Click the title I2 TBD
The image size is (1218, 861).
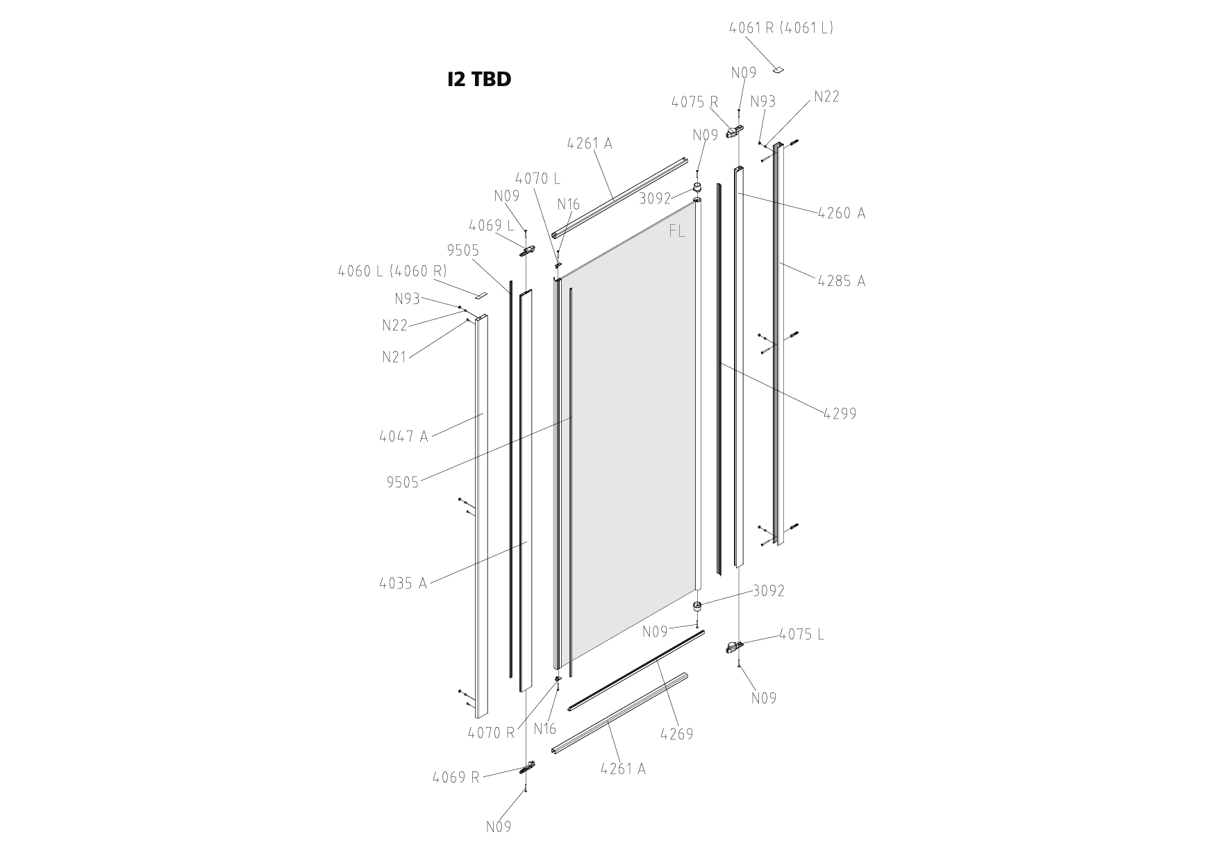[479, 79]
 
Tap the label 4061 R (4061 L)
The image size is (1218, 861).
[781, 28]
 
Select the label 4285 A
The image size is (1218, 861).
[841, 281]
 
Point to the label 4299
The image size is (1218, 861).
[840, 413]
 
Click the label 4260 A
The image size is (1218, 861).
[841, 212]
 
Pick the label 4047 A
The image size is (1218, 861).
[403, 436]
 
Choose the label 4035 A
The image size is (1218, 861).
[403, 583]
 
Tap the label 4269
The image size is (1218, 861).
[676, 733]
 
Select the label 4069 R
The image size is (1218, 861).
[456, 777]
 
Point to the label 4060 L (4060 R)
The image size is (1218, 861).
[392, 271]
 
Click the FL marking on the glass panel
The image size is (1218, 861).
[676, 231]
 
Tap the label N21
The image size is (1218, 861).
[394, 358]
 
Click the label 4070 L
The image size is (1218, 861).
[537, 178]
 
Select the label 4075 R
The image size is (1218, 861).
[694, 102]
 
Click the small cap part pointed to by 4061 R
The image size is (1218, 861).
[780, 69]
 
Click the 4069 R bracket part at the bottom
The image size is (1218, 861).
[529, 768]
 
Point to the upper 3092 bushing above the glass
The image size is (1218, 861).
[697, 189]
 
